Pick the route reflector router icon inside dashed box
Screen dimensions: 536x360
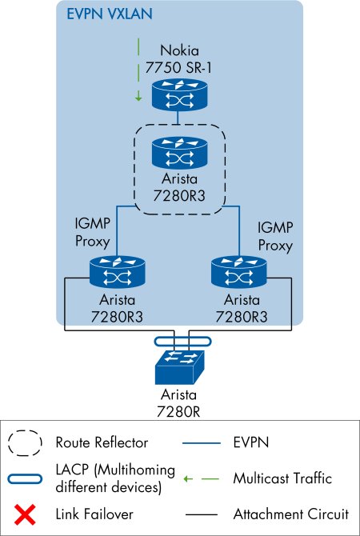point(178,150)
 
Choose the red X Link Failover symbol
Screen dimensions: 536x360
point(25,514)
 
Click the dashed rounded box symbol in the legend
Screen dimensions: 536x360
point(25,442)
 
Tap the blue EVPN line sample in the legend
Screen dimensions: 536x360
point(200,442)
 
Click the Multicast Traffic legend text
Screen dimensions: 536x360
point(282,478)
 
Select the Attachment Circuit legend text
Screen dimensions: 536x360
point(286,514)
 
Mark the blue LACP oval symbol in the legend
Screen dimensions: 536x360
point(25,478)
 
